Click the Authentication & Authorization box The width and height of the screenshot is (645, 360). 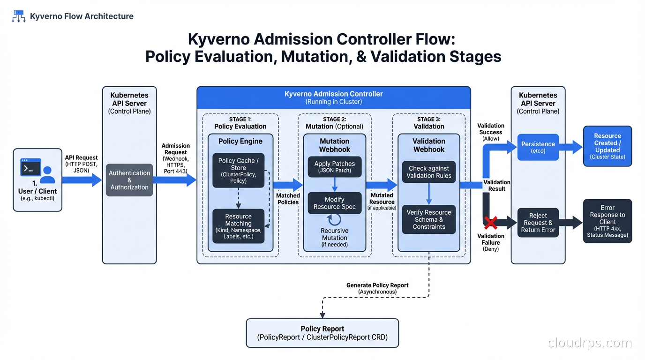129,180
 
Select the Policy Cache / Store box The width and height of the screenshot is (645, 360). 238,170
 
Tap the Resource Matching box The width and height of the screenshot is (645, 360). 238,226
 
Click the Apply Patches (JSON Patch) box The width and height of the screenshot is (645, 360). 335,167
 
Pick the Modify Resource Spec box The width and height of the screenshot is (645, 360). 335,203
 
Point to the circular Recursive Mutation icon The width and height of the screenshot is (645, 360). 334,220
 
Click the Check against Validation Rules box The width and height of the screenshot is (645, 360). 429,172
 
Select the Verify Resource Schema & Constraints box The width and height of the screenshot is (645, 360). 429,219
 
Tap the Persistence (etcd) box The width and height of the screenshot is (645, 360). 538,147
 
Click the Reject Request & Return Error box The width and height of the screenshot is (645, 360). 538,223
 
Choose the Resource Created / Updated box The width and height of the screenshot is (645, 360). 607,146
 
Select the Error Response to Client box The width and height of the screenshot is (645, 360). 607,221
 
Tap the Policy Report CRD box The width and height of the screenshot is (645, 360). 322,333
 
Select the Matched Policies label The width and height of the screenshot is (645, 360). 288,199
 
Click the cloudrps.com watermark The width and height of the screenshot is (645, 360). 590,343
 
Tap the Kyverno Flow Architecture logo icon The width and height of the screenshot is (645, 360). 18,16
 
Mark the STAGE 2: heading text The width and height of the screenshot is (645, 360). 334,119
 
